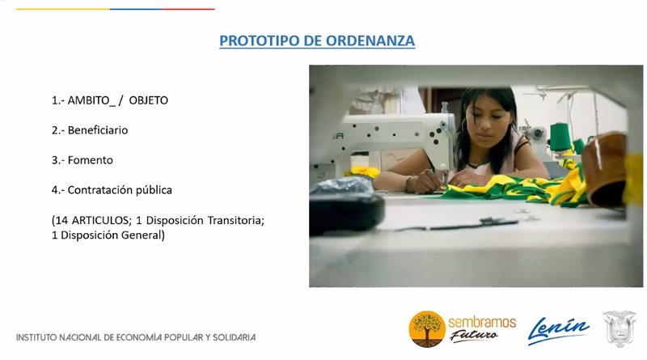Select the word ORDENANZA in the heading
click(x=370, y=41)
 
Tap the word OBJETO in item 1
click(x=149, y=100)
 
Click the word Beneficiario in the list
click(x=98, y=130)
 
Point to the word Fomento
click(x=91, y=160)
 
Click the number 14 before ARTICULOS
click(x=62, y=221)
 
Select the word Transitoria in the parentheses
click(x=235, y=221)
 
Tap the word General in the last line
click(x=143, y=235)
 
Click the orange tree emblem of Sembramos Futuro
click(x=427, y=329)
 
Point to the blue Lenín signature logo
click(x=559, y=330)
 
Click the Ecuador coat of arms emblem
click(x=619, y=328)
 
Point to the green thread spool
click(x=560, y=138)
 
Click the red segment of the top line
click(x=188, y=9)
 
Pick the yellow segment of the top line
click(x=63, y=9)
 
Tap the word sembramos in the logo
click(x=482, y=323)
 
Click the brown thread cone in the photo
click(x=604, y=169)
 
